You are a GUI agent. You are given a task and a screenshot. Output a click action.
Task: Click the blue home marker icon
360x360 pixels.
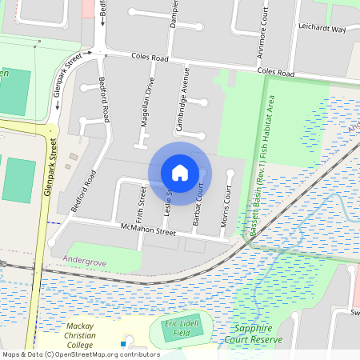pos(180,172)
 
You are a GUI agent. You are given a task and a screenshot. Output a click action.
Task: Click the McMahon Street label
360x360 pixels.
pos(147,232)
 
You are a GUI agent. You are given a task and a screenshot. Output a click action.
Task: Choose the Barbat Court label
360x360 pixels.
pos(198,209)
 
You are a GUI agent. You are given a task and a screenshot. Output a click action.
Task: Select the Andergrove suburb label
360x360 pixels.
pos(83,258)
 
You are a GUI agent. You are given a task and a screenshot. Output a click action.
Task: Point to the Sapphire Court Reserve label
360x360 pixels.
pos(258,334)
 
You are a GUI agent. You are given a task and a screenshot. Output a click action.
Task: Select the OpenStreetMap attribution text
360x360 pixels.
pos(82,354)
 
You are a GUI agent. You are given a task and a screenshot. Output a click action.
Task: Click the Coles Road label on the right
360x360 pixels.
pos(275,73)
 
